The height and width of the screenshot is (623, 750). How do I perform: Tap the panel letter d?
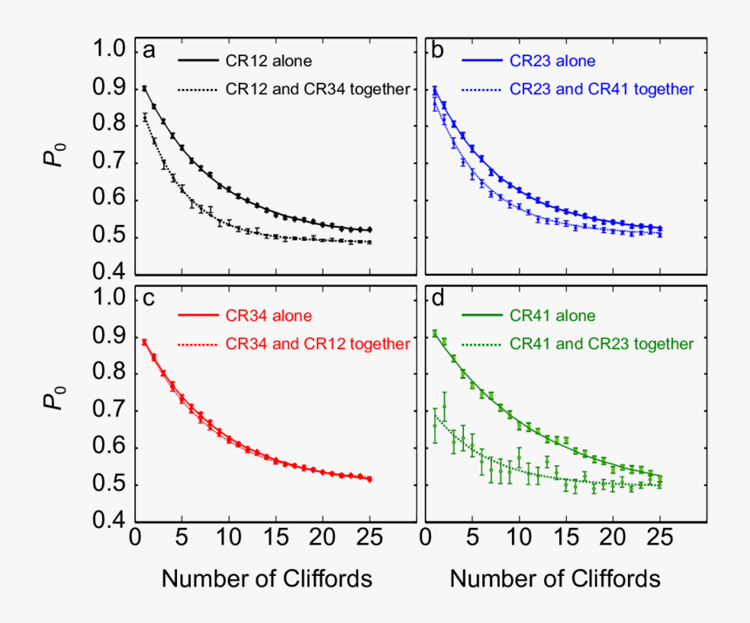pyautogui.click(x=440, y=300)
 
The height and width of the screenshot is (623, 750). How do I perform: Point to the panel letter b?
pyautogui.click(x=440, y=51)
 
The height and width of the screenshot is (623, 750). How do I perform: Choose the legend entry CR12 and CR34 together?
pyautogui.click(x=317, y=89)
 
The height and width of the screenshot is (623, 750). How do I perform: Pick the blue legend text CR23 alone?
pyautogui.click(x=552, y=62)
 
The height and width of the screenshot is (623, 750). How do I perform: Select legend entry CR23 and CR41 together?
pyautogui.click(x=601, y=89)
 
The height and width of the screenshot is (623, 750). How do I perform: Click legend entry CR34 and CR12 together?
pyautogui.click(x=317, y=344)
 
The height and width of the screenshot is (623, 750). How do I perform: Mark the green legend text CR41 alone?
pyautogui.click(x=552, y=316)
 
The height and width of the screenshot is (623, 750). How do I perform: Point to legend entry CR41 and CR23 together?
pyautogui.click(x=601, y=344)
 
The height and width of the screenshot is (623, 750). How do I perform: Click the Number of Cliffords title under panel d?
pyautogui.click(x=555, y=578)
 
